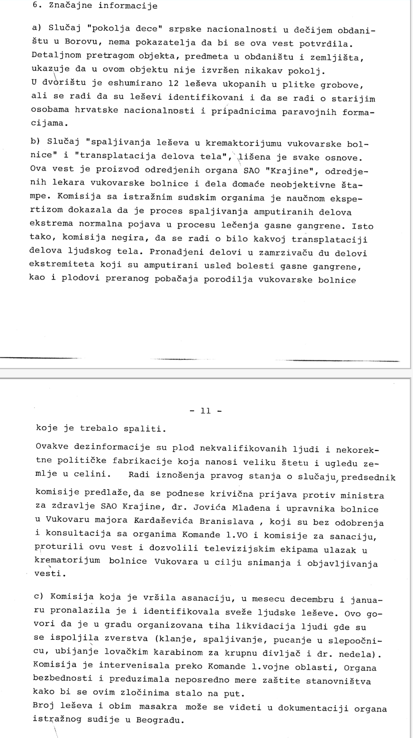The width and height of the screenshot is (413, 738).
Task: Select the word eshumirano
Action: point(135,84)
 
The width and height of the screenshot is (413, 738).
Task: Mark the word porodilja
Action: point(229,280)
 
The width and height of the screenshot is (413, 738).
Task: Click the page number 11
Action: point(206,410)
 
